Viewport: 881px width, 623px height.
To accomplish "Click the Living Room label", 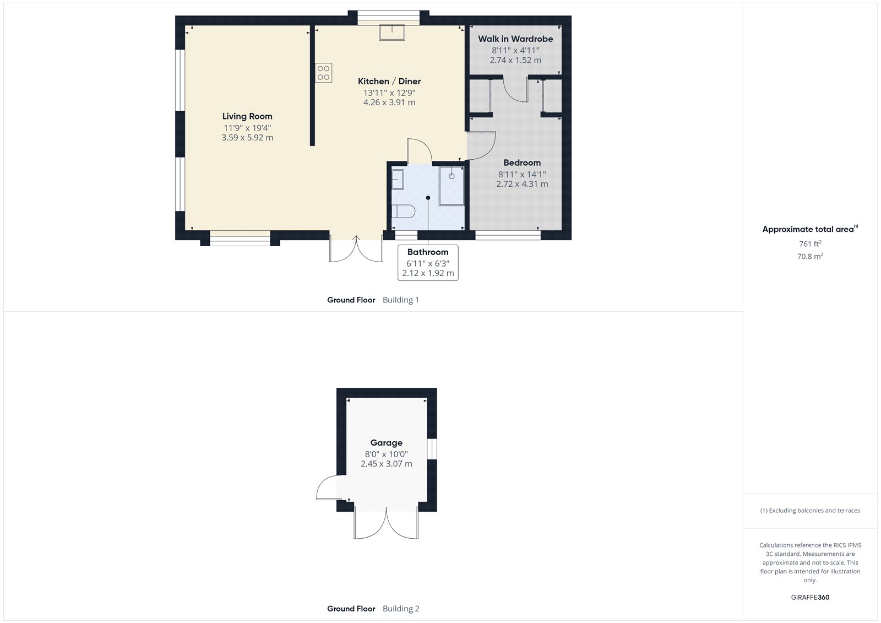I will (247, 116).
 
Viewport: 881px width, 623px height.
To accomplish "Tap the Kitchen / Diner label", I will (389, 81).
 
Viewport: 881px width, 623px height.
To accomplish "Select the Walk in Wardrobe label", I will (515, 39).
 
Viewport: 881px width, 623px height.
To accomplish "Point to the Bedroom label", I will (522, 162).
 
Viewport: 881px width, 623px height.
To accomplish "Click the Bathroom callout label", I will (428, 252).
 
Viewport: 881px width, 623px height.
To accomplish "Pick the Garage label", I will (386, 443).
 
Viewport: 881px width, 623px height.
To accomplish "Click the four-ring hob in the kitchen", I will (324, 73).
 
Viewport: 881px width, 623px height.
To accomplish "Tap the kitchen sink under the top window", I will (391, 32).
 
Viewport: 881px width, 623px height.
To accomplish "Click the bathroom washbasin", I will (398, 180).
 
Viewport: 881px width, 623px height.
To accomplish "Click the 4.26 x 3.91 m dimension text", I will (389, 102).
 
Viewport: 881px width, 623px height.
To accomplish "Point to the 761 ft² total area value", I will (810, 243).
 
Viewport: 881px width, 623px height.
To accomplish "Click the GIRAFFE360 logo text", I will (810, 597).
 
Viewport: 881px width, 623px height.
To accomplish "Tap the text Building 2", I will (401, 609).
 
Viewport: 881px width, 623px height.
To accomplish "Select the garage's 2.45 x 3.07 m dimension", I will (386, 464).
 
